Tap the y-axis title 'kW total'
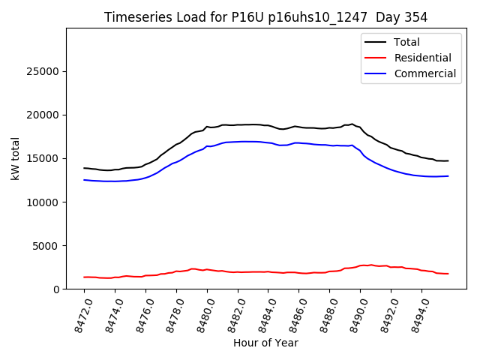pyautogui.click(x=16, y=158)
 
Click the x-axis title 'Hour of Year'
pyautogui.click(x=265, y=343)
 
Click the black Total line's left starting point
pyautogui.click(x=84, y=168)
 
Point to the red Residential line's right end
pyautogui.click(x=448, y=274)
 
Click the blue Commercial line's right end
pyautogui.click(x=448, y=176)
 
